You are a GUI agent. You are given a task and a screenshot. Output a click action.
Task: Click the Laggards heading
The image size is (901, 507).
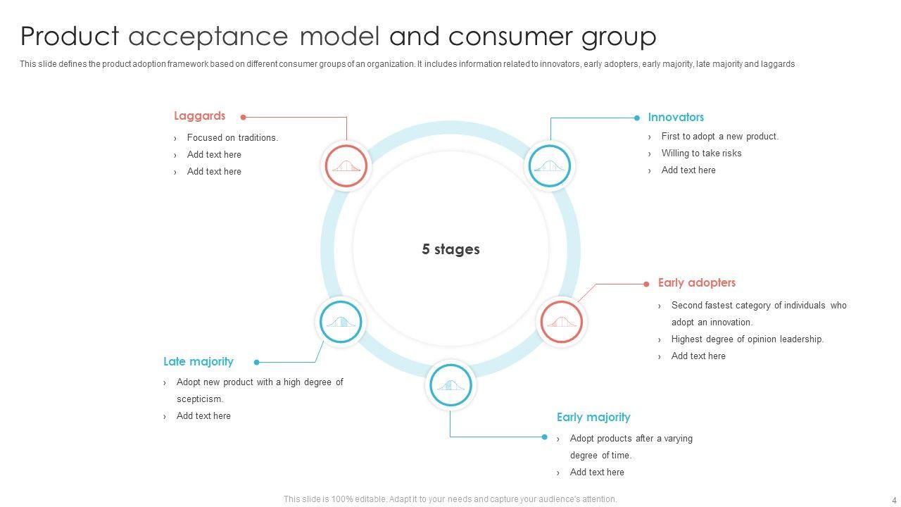coord(199,116)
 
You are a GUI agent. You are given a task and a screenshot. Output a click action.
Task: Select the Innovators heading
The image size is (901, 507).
coord(676,118)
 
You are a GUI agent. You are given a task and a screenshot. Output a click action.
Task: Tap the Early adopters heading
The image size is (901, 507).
coord(696,283)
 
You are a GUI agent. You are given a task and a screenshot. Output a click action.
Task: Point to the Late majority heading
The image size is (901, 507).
coord(198,362)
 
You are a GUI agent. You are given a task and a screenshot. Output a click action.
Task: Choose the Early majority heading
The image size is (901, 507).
coord(593,418)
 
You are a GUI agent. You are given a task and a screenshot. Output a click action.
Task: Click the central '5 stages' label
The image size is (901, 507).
coord(450,249)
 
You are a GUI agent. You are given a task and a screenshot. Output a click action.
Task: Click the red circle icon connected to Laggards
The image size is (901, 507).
coord(346,166)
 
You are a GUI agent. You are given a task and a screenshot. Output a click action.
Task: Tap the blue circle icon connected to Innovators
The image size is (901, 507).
coord(550,166)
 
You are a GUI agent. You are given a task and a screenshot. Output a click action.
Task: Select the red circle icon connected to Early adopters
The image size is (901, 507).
coord(561,322)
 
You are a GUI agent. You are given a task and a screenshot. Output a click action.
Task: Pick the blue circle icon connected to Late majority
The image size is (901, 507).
coord(341,322)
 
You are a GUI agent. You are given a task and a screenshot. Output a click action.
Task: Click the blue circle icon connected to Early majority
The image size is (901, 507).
coord(450,385)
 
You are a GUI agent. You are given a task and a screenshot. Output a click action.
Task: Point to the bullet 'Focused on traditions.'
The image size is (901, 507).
coord(232,138)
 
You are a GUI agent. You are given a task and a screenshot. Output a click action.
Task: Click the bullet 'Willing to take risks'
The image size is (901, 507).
coord(701,154)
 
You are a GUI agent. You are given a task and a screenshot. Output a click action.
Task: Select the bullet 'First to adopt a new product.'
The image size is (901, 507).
coord(719,137)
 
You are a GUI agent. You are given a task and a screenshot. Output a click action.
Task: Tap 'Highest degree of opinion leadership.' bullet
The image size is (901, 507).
coord(747,339)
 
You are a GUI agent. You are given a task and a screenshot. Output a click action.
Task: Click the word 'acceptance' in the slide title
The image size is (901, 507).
coord(208,36)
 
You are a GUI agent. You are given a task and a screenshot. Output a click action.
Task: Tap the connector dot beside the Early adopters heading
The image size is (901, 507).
coord(646,284)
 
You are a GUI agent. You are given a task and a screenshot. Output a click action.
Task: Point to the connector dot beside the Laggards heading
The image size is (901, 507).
coord(243,118)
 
